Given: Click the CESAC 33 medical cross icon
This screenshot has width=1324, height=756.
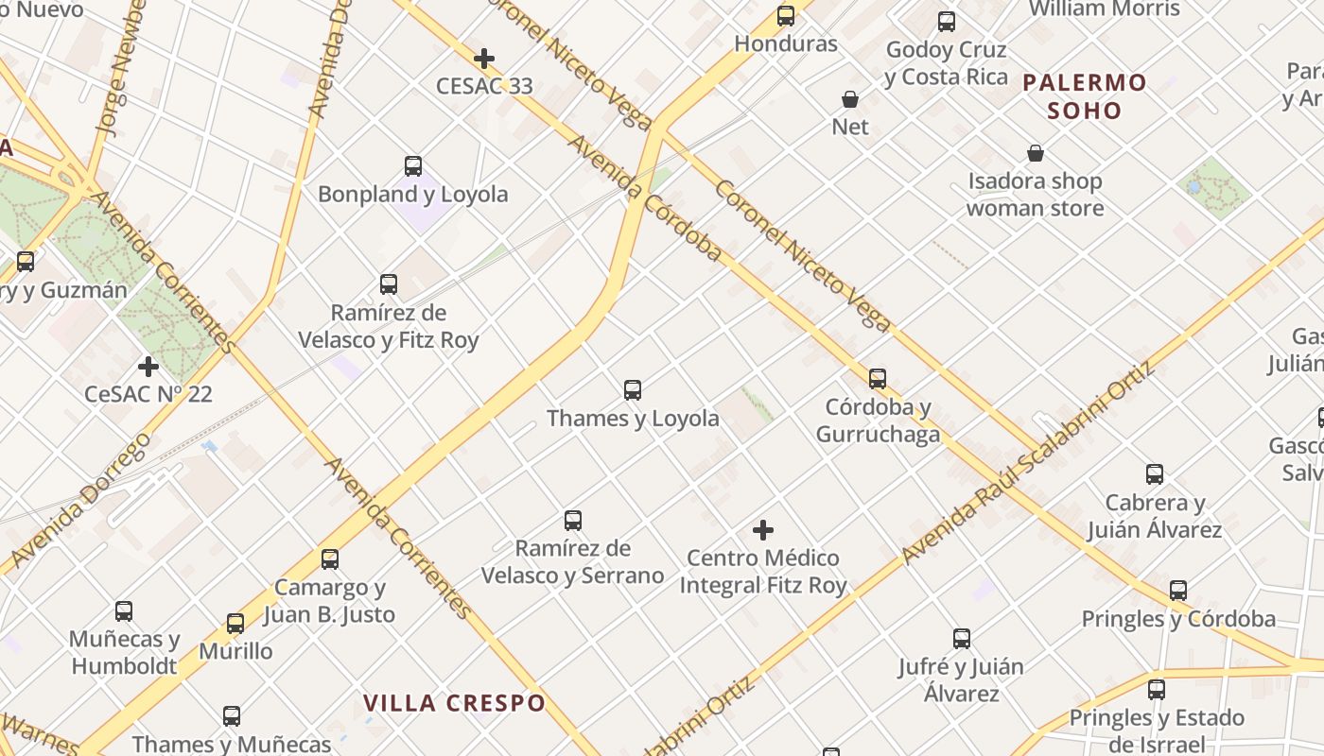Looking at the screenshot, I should tap(484, 59).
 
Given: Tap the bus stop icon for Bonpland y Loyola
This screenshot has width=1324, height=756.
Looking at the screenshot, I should tap(413, 166).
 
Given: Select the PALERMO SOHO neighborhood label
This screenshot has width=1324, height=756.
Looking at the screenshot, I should tap(1085, 96).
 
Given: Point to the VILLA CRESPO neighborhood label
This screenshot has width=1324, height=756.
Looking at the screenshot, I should tap(455, 703).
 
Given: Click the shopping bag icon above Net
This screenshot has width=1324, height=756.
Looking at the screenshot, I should tap(850, 99).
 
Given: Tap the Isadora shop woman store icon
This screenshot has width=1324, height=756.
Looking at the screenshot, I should tap(1036, 153).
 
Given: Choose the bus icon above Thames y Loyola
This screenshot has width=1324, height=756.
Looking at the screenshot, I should tap(633, 389).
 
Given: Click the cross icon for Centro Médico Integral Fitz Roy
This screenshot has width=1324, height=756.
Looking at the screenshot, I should tap(763, 530).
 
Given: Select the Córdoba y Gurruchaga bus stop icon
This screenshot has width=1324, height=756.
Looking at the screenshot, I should tap(878, 379).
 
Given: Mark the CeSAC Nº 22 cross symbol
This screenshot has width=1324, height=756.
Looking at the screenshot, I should tap(148, 366).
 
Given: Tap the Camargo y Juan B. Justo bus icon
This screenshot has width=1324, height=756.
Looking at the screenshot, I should tap(330, 559).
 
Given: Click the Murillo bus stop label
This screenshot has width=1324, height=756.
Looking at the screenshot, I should tap(235, 651).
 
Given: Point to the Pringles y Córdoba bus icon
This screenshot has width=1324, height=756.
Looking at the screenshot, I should tap(1178, 591).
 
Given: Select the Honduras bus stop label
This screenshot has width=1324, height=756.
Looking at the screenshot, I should tap(786, 43).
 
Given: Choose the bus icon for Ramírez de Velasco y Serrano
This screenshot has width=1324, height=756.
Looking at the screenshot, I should tap(573, 520).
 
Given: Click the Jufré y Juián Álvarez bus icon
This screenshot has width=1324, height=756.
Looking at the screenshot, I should tap(962, 639).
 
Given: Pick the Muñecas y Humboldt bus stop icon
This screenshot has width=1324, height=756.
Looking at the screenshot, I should tap(124, 611).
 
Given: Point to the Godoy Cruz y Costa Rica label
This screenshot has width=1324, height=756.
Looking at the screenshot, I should tap(947, 63).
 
